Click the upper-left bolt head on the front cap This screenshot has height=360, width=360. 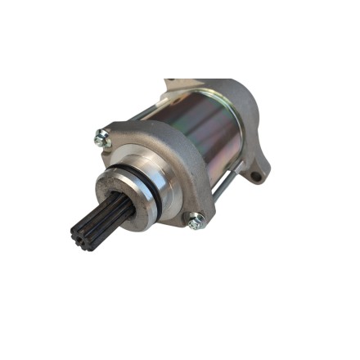point(101,140)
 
